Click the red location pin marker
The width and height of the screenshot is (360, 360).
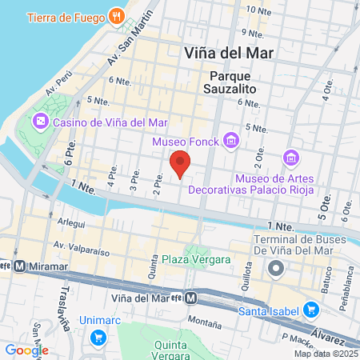(x=180, y=162)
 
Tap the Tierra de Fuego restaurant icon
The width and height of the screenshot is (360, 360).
(x=117, y=15)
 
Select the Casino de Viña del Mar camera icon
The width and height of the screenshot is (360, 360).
(x=41, y=122)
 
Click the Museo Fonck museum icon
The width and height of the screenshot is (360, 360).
(x=231, y=141)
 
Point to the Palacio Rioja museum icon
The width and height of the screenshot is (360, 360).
(x=290, y=157)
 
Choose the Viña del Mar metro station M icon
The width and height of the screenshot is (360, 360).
(x=191, y=298)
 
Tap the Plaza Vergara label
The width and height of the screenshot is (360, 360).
(x=196, y=259)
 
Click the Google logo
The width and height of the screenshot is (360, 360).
(x=26, y=350)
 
